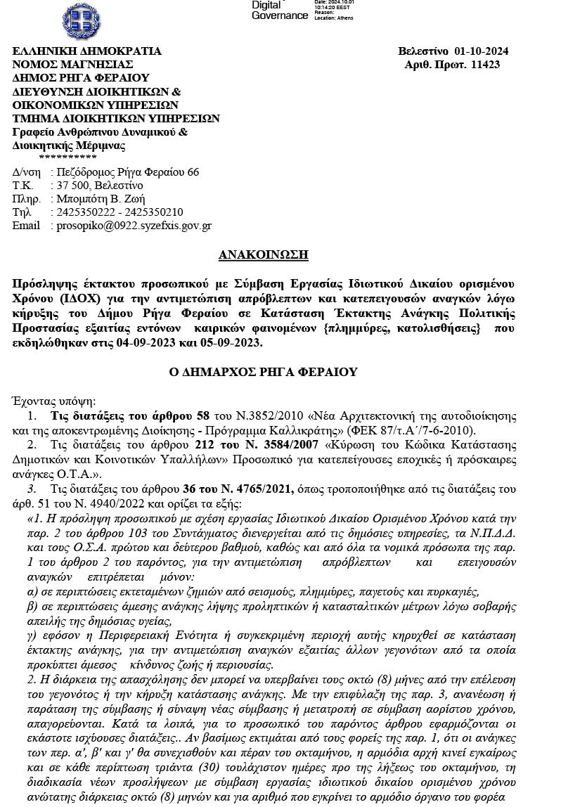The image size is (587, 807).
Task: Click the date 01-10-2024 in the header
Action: [481, 51]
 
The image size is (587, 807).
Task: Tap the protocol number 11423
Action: [485, 65]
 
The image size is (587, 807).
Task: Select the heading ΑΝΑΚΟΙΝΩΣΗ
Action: [264, 254]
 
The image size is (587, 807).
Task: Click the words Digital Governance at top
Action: [279, 11]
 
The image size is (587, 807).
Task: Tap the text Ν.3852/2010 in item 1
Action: [261, 416]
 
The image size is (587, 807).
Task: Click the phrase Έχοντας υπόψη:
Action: [54, 401]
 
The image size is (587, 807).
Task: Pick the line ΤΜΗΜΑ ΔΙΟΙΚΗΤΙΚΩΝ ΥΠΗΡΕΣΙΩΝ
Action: [116, 118]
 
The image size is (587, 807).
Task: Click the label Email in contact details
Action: [26, 226]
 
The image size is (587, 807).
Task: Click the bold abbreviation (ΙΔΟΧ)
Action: [65, 297]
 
